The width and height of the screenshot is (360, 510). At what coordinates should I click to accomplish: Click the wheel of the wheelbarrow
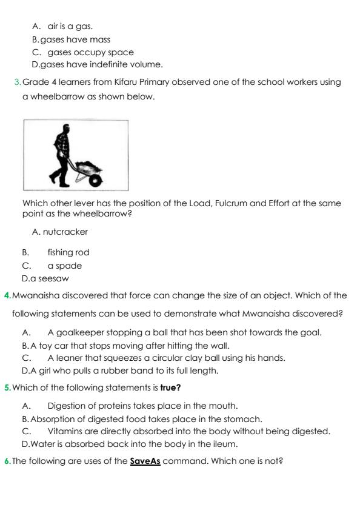point(95,180)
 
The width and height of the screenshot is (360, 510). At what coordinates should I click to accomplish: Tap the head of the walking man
point(65,129)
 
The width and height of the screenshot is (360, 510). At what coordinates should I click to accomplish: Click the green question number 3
point(17,82)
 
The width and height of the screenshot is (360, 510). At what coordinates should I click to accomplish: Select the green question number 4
point(7,295)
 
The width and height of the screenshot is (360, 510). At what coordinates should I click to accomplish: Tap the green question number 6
point(7,460)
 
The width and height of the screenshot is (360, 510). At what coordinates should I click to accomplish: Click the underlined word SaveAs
point(145,460)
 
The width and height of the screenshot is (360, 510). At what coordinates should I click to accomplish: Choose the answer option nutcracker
point(65,232)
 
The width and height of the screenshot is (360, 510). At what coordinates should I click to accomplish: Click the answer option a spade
point(64,266)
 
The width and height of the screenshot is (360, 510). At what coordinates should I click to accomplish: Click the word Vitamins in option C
point(66,431)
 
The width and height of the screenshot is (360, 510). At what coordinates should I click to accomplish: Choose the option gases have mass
point(75,39)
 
